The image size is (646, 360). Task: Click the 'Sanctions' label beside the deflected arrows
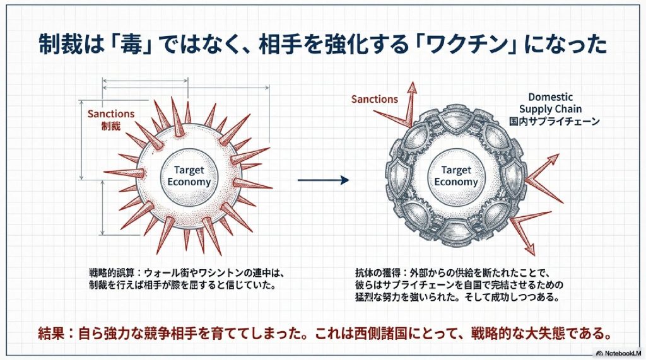[x=375, y=99]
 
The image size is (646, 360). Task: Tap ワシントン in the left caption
[x=225, y=274]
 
